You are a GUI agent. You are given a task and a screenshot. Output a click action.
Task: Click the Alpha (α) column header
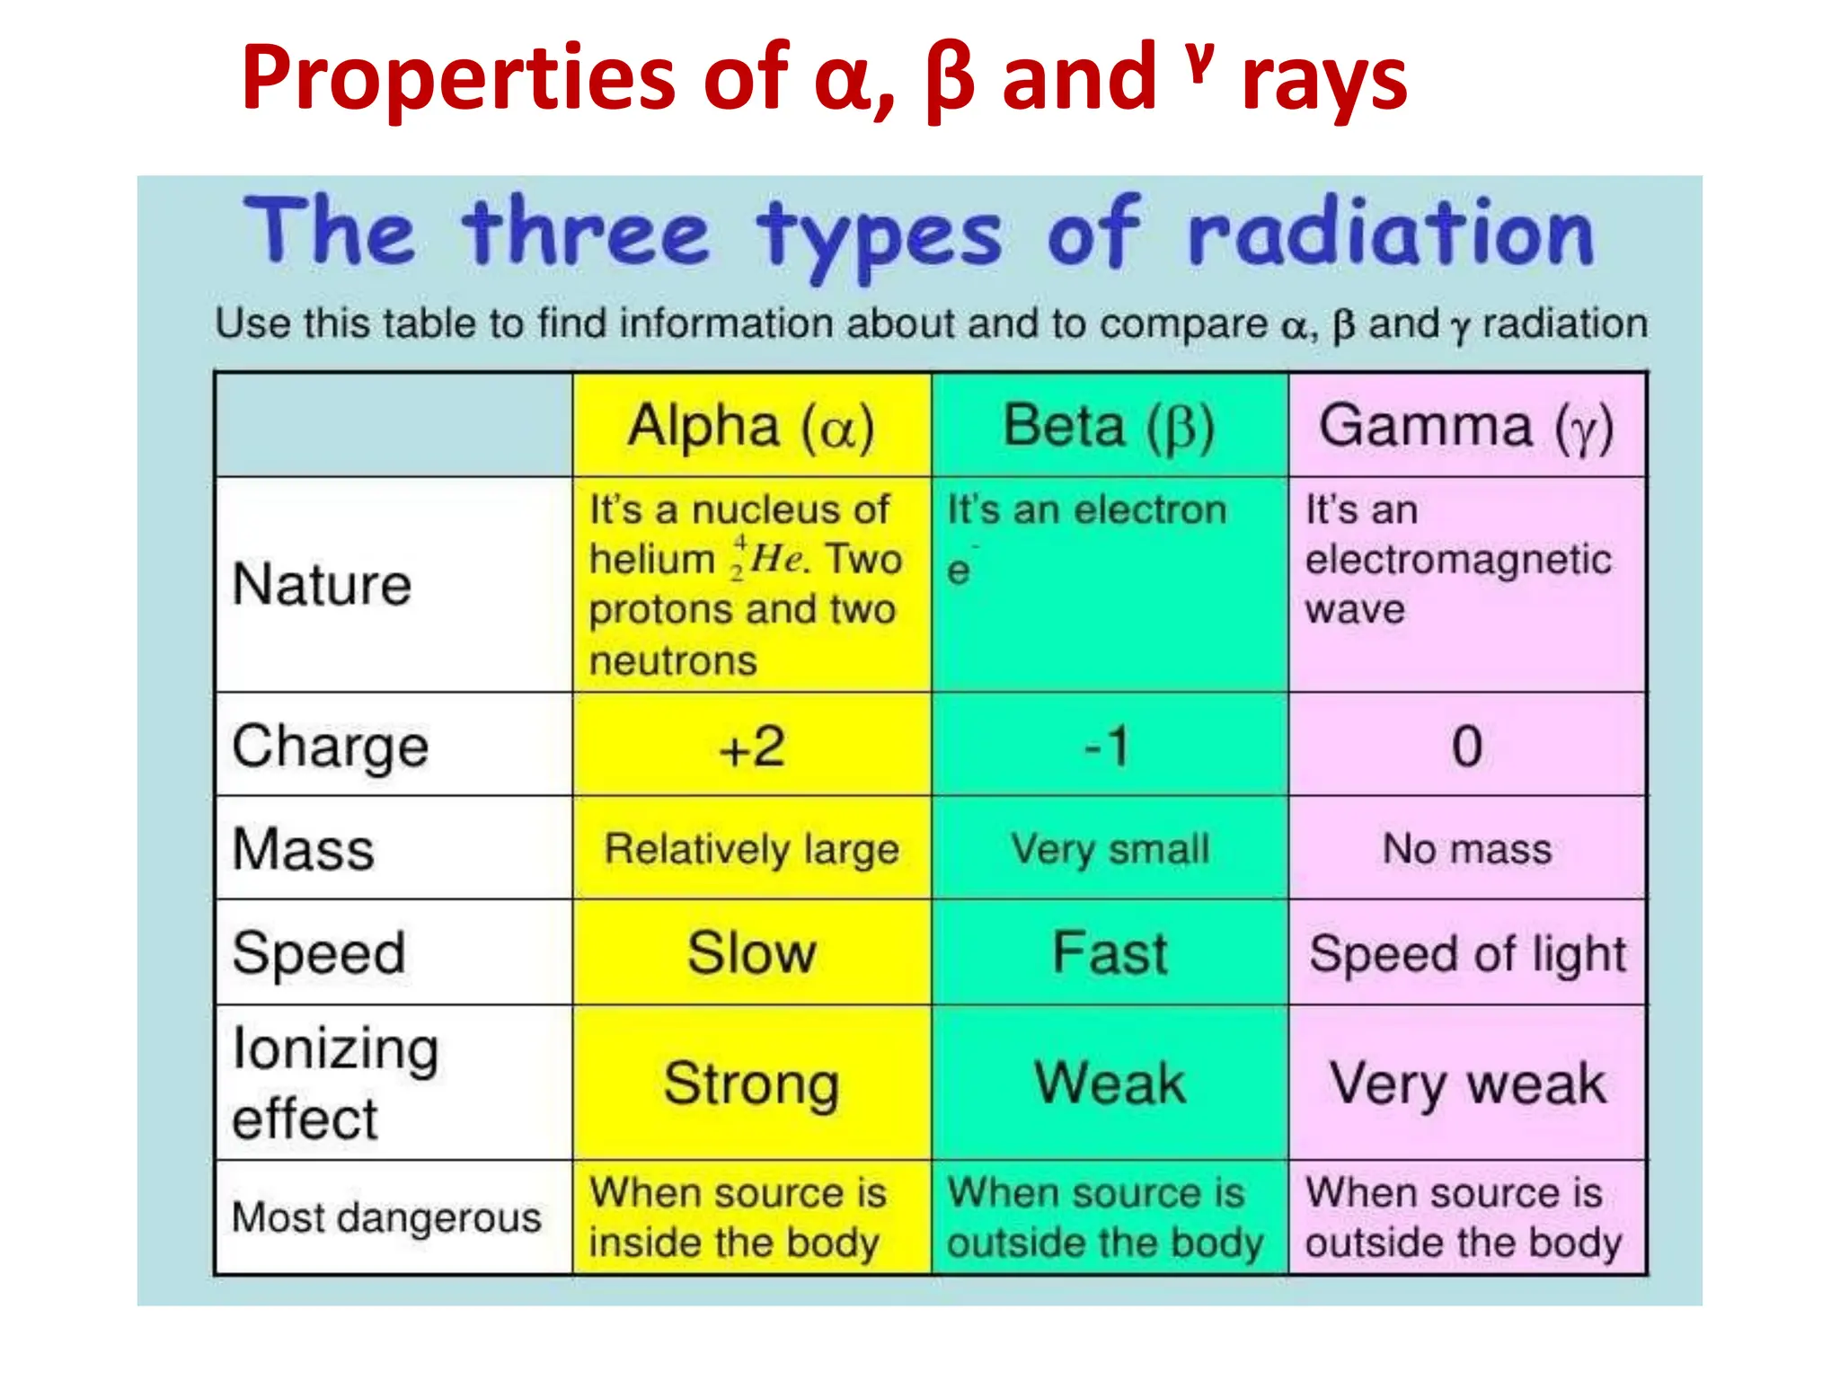[751, 426]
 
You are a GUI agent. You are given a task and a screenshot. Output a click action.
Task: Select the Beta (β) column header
[1109, 426]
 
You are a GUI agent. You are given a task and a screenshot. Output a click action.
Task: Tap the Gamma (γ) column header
[1466, 426]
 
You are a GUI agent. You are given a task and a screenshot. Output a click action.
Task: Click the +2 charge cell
[751, 746]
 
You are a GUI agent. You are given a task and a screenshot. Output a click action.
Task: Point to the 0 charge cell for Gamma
[1466, 746]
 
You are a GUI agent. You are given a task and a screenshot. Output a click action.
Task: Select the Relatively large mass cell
[751, 849]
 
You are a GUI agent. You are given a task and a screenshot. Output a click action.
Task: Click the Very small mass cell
[1110, 849]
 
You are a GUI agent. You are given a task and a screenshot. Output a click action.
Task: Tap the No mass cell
[1466, 849]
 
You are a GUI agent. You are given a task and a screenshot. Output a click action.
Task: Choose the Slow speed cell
[751, 952]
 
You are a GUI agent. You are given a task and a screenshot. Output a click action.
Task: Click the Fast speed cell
[1110, 952]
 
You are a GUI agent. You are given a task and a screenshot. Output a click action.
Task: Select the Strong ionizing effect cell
[751, 1084]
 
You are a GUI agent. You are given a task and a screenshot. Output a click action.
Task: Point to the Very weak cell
[1466, 1084]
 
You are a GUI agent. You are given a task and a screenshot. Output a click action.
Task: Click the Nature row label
[322, 585]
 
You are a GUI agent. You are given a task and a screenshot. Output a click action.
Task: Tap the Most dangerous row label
[386, 1218]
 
